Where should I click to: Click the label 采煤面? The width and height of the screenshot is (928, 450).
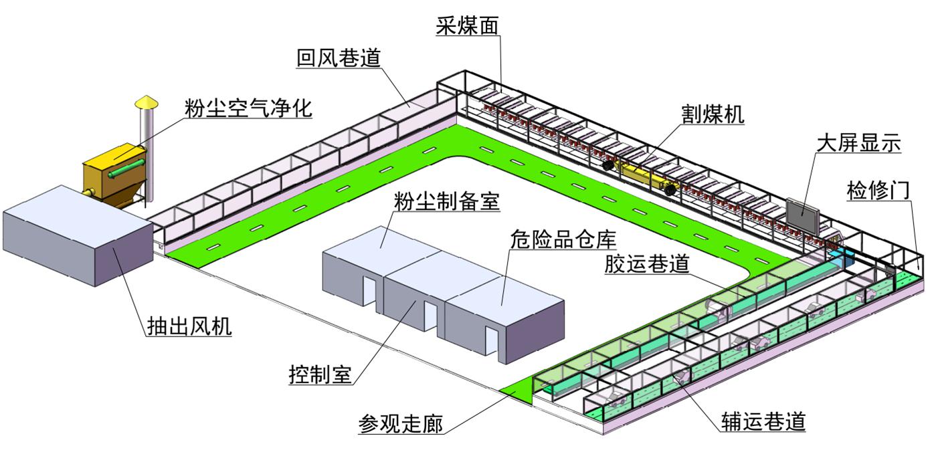pyautogui.click(x=467, y=26)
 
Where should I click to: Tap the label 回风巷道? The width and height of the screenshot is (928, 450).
pyautogui.click(x=339, y=58)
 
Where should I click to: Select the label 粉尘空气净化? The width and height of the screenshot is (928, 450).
pyautogui.click(x=249, y=108)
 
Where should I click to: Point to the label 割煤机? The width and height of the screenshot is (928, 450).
pyautogui.click(x=713, y=114)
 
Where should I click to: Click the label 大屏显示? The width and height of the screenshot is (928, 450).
pyautogui.click(x=859, y=143)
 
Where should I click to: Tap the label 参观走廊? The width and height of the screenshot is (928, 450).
pyautogui.click(x=401, y=423)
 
